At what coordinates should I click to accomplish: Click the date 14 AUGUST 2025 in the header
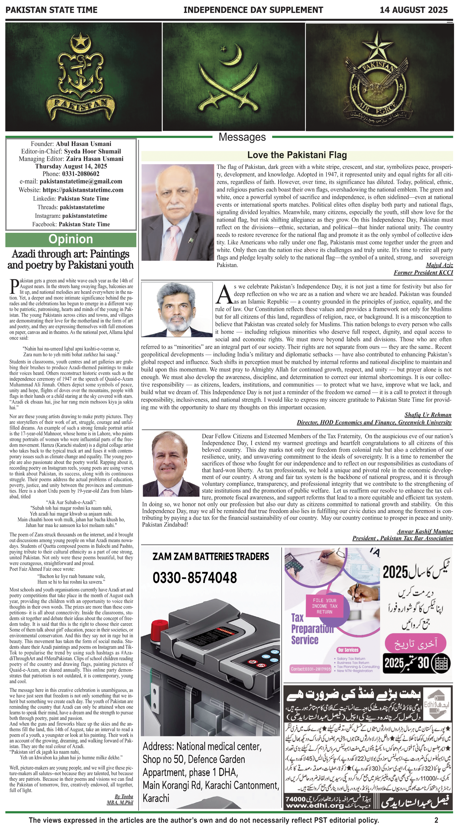[x=413, y=10]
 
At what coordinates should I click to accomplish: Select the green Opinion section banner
[x=71, y=240]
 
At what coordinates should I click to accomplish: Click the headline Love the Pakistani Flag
[x=297, y=155]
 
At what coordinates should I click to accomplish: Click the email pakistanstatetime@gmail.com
[x=81, y=181]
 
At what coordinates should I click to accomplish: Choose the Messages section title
[x=242, y=137]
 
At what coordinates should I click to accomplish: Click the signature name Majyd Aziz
[x=439, y=265]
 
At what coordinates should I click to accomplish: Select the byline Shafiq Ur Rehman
[x=428, y=415]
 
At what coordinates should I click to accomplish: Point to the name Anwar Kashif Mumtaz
[x=425, y=531]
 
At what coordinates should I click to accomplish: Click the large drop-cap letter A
[x=224, y=294]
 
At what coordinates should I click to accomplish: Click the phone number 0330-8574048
[x=194, y=577]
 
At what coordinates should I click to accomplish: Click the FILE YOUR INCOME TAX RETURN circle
[x=324, y=606]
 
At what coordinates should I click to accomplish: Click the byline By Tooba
[x=124, y=796]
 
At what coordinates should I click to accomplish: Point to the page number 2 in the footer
[x=436, y=820]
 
